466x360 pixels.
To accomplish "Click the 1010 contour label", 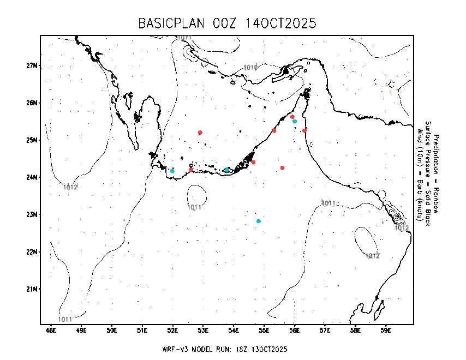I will tap(250, 68).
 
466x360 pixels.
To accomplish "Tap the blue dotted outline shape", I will tap(391, 83).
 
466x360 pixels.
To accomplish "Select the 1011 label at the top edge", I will tap(184, 38).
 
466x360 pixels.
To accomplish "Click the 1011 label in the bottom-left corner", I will tap(65, 319).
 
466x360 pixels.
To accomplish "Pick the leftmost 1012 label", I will tap(70, 187).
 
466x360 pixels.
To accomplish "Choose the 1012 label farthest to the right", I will tap(402, 228).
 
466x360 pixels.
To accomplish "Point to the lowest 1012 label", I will tap(373, 256).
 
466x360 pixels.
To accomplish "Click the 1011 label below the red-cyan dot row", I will tap(195, 207).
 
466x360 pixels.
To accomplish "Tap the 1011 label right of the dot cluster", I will tap(328, 203).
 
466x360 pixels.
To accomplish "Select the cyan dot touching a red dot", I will tap(295, 121).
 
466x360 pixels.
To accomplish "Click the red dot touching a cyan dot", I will tap(292, 117).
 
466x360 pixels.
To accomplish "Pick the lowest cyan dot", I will tap(259, 221).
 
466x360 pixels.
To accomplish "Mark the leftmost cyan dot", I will tap(172, 171).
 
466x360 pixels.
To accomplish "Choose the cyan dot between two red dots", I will tap(227, 170).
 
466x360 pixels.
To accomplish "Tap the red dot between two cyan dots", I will tap(191, 170).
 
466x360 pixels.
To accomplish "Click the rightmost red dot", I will tap(304, 130).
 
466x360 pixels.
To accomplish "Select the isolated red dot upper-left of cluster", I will tap(200, 133).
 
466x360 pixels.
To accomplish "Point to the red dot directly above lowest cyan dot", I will tap(253, 162).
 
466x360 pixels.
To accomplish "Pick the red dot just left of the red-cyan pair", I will tap(274, 130).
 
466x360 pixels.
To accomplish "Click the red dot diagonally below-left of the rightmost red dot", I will tap(282, 168).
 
